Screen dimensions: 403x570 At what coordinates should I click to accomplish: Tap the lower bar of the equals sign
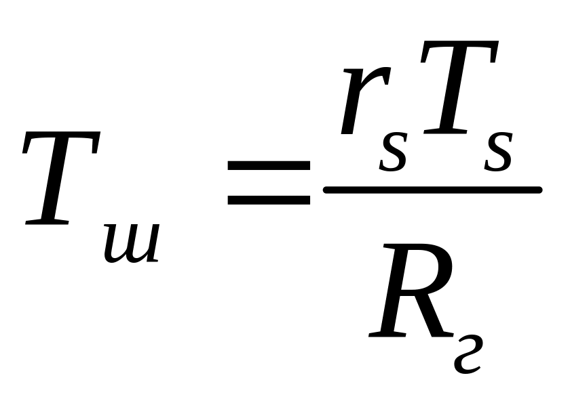point(269,200)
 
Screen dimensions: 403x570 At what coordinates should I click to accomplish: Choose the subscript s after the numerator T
point(497,154)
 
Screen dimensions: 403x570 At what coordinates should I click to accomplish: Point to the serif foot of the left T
point(46,221)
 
